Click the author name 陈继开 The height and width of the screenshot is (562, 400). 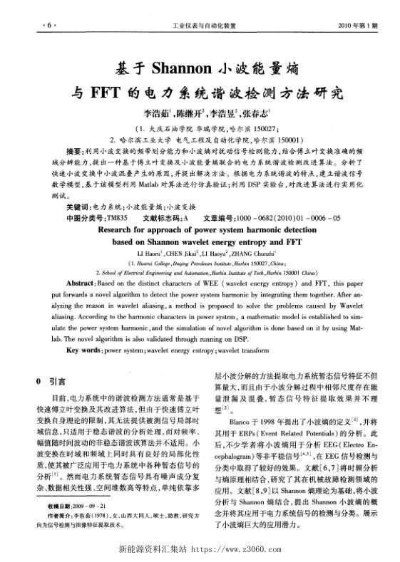pyautogui.click(x=182, y=113)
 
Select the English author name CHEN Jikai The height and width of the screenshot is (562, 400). pyautogui.click(x=184, y=253)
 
